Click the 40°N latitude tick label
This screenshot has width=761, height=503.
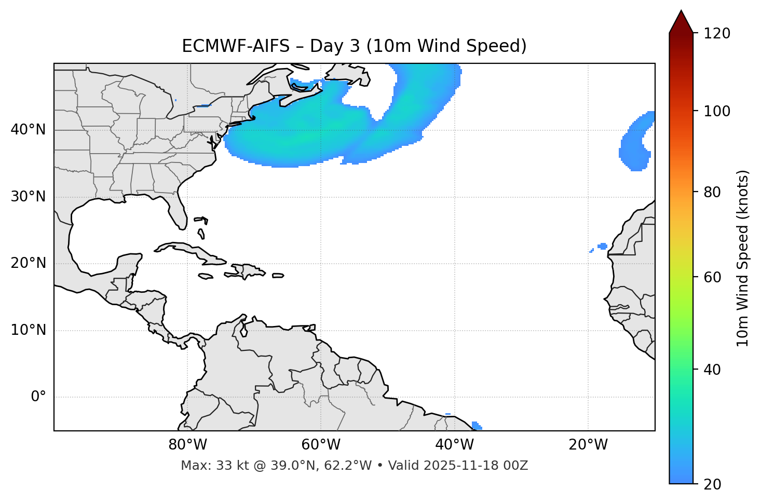[x=28, y=130]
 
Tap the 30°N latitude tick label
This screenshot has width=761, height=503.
[x=28, y=197]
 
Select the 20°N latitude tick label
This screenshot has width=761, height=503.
[x=28, y=263]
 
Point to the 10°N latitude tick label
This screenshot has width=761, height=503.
[x=28, y=330]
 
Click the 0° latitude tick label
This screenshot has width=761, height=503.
[x=38, y=397]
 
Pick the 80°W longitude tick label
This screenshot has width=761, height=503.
[x=187, y=445]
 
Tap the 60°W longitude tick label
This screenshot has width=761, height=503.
[x=321, y=445]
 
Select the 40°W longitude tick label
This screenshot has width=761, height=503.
[x=454, y=445]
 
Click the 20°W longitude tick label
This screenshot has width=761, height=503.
[x=588, y=445]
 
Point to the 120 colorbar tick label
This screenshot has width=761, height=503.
[x=716, y=34]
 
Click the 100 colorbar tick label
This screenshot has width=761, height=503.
[x=716, y=111]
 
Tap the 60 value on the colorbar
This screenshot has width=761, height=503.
[x=712, y=277]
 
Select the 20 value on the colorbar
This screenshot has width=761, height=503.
[x=712, y=484]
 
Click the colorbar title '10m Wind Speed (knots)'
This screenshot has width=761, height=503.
[x=743, y=258]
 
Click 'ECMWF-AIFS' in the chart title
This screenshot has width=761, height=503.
[x=236, y=46]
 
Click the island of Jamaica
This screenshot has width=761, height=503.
[x=206, y=276]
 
